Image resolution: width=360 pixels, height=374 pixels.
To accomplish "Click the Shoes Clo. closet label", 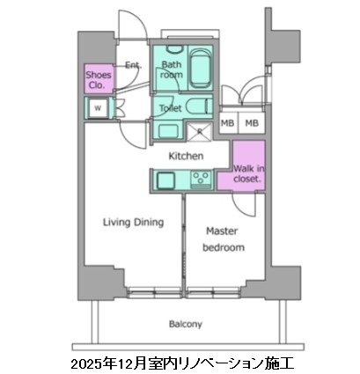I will click(x=98, y=80).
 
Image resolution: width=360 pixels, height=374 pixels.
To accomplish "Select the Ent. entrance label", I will click(x=133, y=65).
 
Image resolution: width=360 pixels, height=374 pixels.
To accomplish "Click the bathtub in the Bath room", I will click(x=199, y=68).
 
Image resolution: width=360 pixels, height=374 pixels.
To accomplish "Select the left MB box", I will click(x=227, y=124).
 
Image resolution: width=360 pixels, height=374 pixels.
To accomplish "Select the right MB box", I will click(x=252, y=124).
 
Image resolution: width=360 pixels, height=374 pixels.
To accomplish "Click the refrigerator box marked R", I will click(x=200, y=132).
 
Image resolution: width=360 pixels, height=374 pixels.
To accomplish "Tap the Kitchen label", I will click(x=186, y=156).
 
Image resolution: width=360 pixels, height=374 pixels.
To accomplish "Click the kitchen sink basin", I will click(x=166, y=180).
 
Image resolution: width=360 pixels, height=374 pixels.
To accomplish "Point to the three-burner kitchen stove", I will click(x=201, y=180).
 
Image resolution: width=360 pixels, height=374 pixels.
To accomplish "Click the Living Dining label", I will click(x=133, y=223).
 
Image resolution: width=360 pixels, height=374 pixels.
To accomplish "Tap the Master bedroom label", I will click(x=223, y=239).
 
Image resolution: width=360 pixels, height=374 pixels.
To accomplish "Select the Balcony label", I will click(x=180, y=323).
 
